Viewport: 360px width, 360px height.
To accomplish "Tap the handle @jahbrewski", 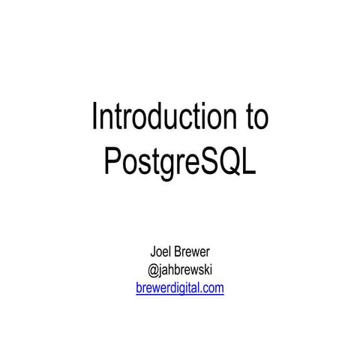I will tap(180, 270).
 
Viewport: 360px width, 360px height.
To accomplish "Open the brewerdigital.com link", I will tap(180, 287).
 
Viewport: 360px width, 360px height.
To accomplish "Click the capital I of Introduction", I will tap(94, 118).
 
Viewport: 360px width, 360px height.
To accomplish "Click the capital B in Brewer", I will tap(179, 253).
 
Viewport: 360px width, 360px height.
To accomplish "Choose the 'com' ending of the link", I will tap(213, 288).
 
